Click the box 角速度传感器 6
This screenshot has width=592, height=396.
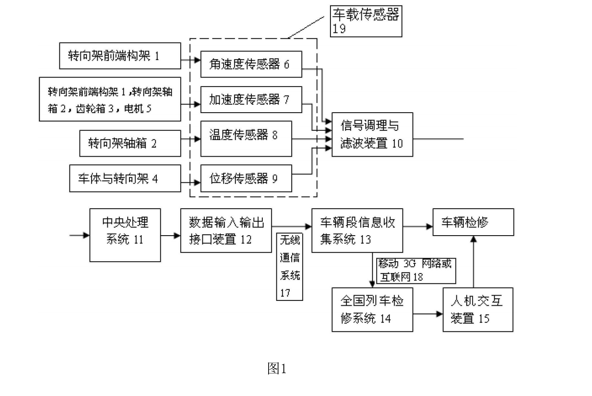251,64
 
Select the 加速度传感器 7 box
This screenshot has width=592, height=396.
251,99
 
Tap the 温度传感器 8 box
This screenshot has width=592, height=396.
246,139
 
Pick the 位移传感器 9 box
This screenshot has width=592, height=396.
246,178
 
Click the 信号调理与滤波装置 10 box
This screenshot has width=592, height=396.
372,134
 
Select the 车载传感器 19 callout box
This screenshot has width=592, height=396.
366,21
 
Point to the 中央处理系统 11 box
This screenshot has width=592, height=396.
125,235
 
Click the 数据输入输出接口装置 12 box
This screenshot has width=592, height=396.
226,230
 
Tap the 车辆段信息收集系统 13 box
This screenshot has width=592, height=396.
357,230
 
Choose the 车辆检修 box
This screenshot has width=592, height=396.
474,222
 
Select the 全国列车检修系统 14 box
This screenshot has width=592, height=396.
372,310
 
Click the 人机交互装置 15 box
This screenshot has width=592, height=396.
478,310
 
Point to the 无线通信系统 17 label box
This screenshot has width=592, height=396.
290,266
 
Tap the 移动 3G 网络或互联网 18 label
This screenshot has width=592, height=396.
416,271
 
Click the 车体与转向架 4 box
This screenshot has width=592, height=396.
125,178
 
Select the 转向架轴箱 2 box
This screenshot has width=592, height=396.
130,143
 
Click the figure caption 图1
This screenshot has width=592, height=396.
277,368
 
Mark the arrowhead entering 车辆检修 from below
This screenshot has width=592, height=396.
474,239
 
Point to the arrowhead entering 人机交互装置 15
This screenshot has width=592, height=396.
440,314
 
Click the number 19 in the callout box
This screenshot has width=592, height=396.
339,29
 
